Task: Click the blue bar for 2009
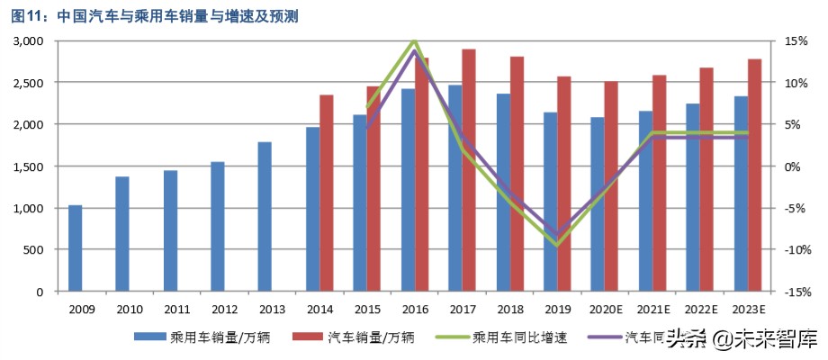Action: [76, 248]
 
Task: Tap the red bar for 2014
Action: [327, 193]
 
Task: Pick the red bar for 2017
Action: [469, 170]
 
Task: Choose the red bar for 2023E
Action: [754, 175]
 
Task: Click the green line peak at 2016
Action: [413, 41]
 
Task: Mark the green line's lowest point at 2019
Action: [558, 245]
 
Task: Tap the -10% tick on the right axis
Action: [796, 250]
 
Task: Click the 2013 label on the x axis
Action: [271, 309]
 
